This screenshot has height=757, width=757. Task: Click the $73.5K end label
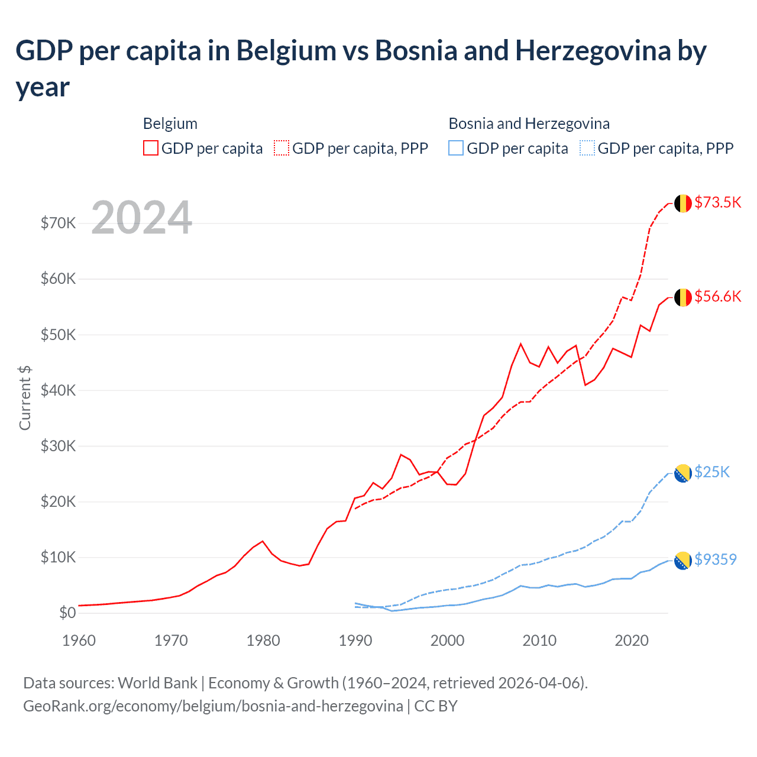coord(717,202)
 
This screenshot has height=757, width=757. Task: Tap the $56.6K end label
coord(717,296)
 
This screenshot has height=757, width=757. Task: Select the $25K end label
coord(712,472)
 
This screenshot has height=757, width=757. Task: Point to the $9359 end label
coord(716,559)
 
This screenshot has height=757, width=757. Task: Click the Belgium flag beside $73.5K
coord(683,203)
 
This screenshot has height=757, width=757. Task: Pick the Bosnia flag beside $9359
coord(683,561)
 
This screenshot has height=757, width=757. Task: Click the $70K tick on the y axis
coord(58,223)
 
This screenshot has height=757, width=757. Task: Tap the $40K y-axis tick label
coord(58,390)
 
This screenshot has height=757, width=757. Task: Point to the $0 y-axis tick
coord(67,613)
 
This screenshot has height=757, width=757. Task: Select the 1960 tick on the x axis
coord(79,640)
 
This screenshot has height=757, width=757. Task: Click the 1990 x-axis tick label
coord(355,640)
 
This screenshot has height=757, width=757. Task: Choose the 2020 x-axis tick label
coord(632,640)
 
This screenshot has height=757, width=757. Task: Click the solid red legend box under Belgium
coord(151,148)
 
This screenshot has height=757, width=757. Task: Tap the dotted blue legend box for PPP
coord(587,148)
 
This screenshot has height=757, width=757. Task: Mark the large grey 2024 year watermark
coord(142,218)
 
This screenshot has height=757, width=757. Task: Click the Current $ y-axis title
coord(25,397)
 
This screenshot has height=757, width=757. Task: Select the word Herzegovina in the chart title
coord(593,51)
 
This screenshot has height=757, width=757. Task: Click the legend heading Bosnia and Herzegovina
coord(529,124)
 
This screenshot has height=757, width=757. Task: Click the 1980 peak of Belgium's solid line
coord(263,541)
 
